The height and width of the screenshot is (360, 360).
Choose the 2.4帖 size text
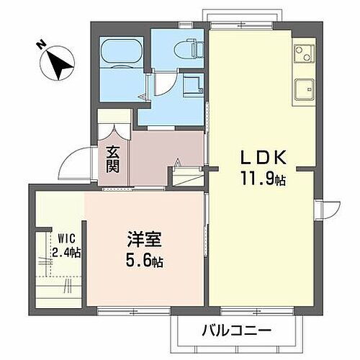(66, 253)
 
